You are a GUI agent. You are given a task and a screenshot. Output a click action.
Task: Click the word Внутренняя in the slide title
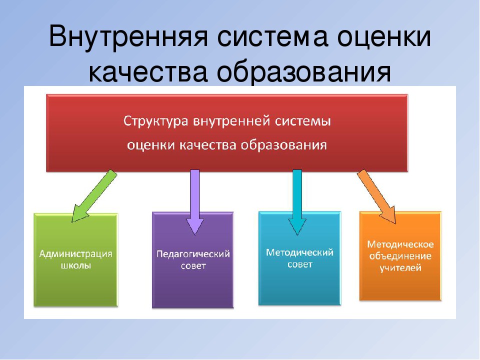click(128, 36)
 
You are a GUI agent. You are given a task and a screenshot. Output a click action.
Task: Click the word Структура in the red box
click(155, 121)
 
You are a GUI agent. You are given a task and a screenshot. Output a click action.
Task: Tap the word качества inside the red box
click(207, 145)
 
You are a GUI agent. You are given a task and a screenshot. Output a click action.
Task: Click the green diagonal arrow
click(94, 196)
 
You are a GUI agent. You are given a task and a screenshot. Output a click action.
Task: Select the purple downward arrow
click(194, 202)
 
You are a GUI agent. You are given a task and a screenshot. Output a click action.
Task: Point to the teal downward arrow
click(297, 202)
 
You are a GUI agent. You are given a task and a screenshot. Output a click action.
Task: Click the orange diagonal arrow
click(376, 197)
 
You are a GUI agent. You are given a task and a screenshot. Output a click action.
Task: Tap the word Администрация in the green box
click(75, 254)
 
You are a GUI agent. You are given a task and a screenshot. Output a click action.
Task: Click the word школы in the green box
click(75, 265)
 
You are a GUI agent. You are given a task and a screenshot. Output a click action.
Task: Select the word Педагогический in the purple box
click(193, 254)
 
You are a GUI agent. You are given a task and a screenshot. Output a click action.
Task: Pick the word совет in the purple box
click(193, 265)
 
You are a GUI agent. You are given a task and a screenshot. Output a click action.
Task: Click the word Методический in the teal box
click(299, 252)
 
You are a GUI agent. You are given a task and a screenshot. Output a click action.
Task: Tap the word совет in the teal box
click(299, 264)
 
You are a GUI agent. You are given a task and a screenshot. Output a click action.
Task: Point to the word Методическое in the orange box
click(400, 244)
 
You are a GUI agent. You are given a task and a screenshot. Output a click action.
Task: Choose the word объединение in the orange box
click(400, 256)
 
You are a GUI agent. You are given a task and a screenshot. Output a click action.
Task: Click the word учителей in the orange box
click(400, 268)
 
